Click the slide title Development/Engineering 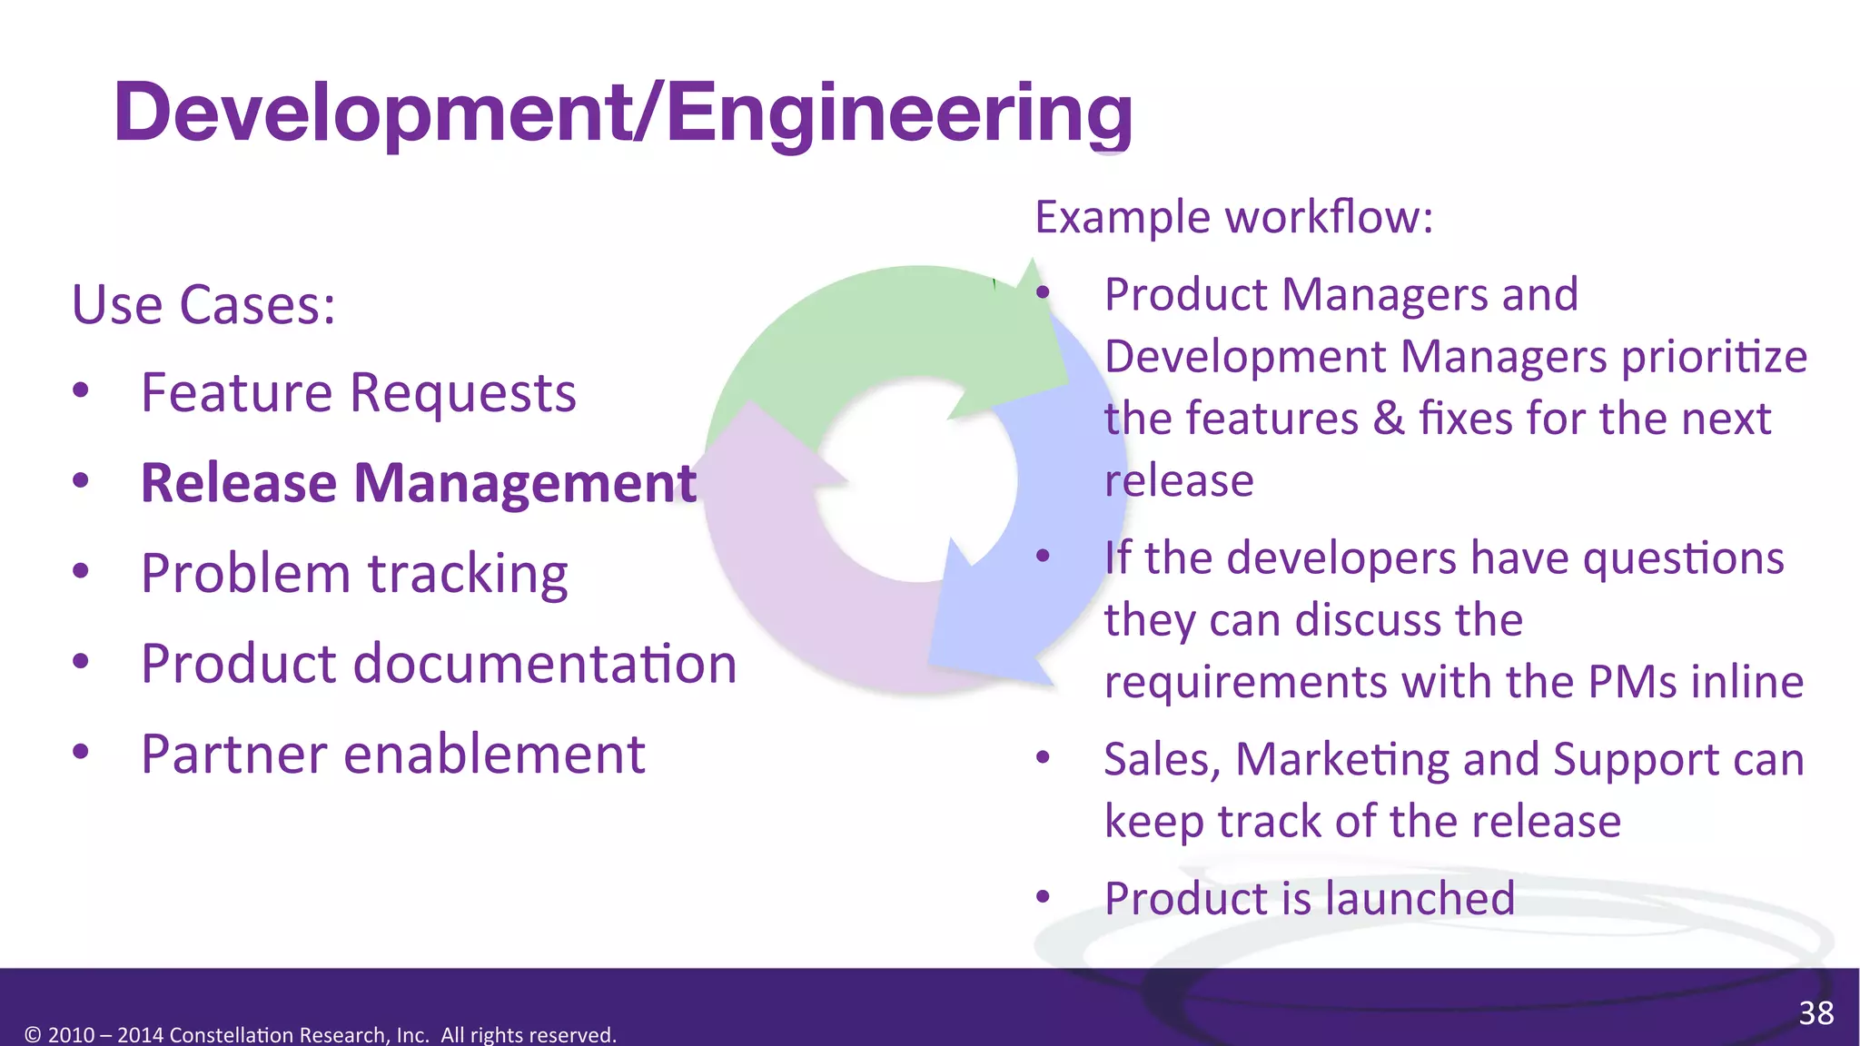(623, 113)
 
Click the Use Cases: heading (203, 305)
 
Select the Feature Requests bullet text (359, 393)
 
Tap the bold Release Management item (419, 483)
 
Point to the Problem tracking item (354, 574)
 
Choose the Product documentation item (439, 664)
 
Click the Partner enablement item (392, 755)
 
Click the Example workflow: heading (1233, 218)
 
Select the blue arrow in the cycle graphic (1054, 545)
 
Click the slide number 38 (1815, 1013)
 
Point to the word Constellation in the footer (231, 1035)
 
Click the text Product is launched (1309, 899)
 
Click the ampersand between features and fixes (1389, 419)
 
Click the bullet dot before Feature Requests (81, 391)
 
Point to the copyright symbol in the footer (33, 1035)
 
